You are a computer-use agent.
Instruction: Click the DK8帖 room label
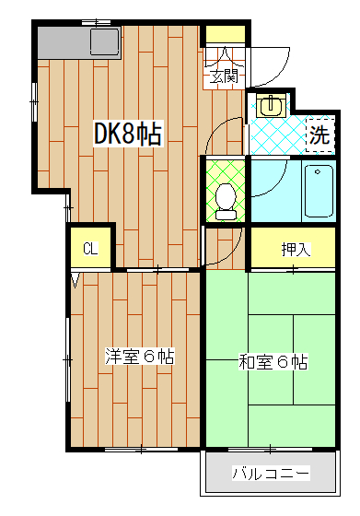pos(128,135)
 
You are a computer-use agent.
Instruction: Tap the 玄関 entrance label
pos(223,76)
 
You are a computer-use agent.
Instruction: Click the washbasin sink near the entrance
pos(270,104)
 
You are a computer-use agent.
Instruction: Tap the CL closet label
pos(90,248)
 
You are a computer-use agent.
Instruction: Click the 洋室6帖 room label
pos(139,356)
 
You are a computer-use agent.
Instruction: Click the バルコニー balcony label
pos(270,475)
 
